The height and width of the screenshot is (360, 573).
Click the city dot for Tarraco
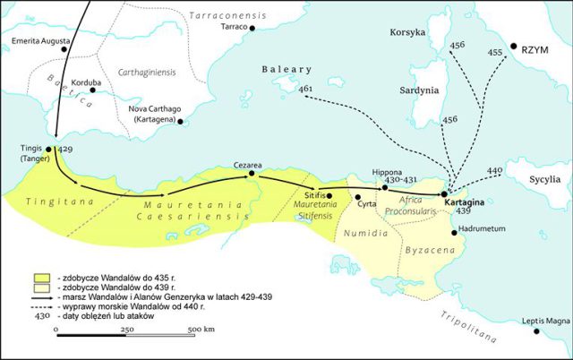[252, 29]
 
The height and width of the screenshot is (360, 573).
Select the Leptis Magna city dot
[536, 331]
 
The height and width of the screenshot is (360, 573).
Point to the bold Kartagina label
[464, 204]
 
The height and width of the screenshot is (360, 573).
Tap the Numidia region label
[366, 233]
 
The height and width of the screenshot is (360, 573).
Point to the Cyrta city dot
[358, 196]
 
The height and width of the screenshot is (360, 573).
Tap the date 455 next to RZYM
[495, 53]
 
